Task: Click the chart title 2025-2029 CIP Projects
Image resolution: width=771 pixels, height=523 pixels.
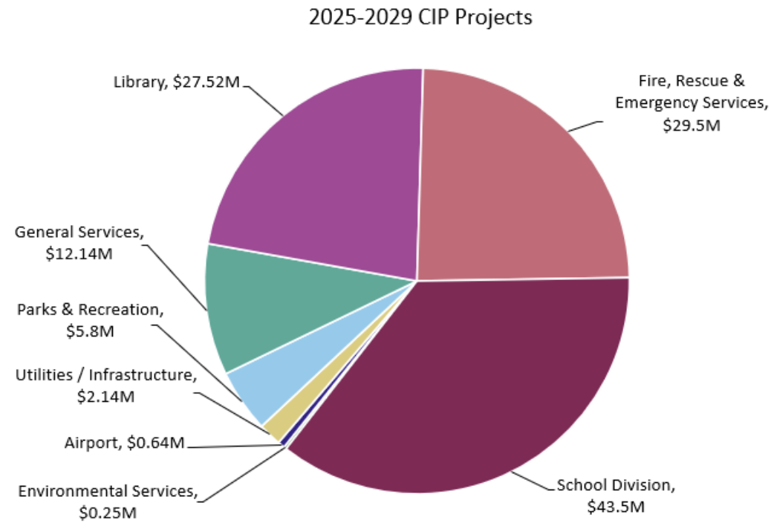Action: coord(420,17)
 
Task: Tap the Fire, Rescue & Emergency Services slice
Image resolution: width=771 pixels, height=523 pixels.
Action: coord(520,178)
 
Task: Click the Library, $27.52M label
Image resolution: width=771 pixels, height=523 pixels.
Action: coord(177,82)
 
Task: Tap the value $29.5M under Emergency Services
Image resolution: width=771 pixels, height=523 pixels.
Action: coord(692,126)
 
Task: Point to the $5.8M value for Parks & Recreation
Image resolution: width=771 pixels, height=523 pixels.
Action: coord(90,331)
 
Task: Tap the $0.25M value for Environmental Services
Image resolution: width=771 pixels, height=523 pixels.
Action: coord(108,513)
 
